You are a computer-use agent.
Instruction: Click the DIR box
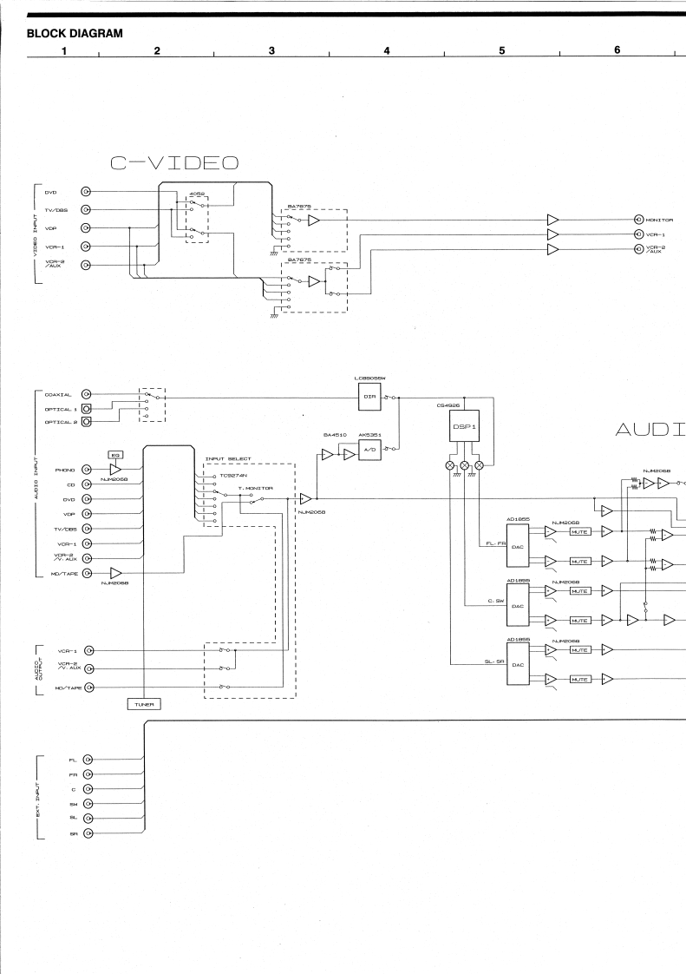[370, 397]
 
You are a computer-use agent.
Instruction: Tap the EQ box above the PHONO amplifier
[114, 454]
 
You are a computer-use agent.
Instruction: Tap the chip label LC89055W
[370, 379]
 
